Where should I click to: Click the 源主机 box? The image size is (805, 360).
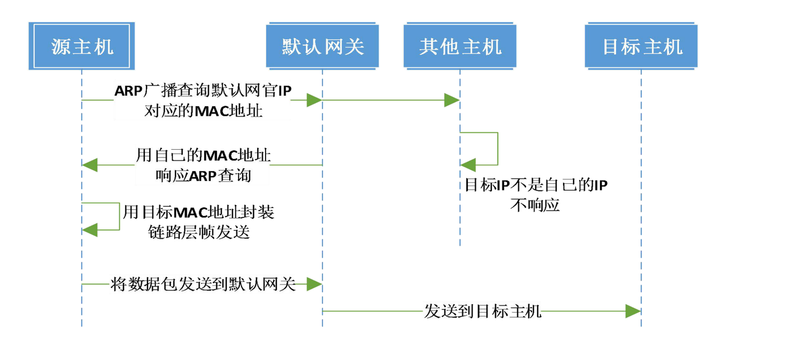[82, 46]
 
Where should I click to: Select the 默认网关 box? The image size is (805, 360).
[323, 46]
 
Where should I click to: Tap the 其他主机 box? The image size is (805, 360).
[460, 46]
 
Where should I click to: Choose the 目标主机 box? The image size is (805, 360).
[642, 46]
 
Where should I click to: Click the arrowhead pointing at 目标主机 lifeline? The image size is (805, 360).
[633, 311]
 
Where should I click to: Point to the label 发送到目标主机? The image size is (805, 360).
[482, 311]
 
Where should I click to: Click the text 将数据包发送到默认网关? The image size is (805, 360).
[202, 285]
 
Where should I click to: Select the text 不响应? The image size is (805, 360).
[535, 205]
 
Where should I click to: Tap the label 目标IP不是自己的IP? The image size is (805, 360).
[536, 185]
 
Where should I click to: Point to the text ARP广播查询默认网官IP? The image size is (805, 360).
[202, 91]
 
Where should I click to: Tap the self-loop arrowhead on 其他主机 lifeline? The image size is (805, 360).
[468, 165]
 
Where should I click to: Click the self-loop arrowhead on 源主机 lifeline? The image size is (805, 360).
[89, 229]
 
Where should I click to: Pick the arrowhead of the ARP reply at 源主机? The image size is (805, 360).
[89, 165]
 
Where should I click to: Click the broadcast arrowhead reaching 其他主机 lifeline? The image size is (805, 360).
[452, 101]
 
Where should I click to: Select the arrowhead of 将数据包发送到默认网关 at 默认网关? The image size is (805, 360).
[314, 285]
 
